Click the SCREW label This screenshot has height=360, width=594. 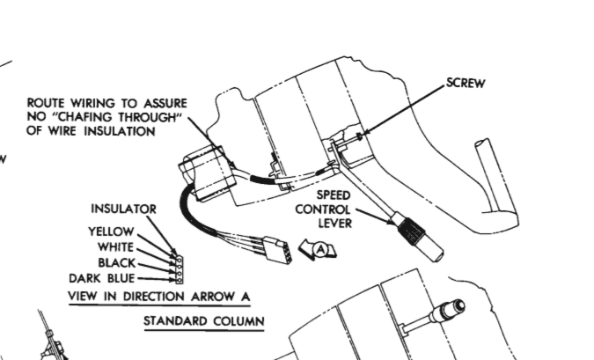click(467, 84)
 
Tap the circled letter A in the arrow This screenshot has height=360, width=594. click(320, 250)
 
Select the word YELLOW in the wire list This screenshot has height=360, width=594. click(111, 231)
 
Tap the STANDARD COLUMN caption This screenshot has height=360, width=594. click(203, 321)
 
